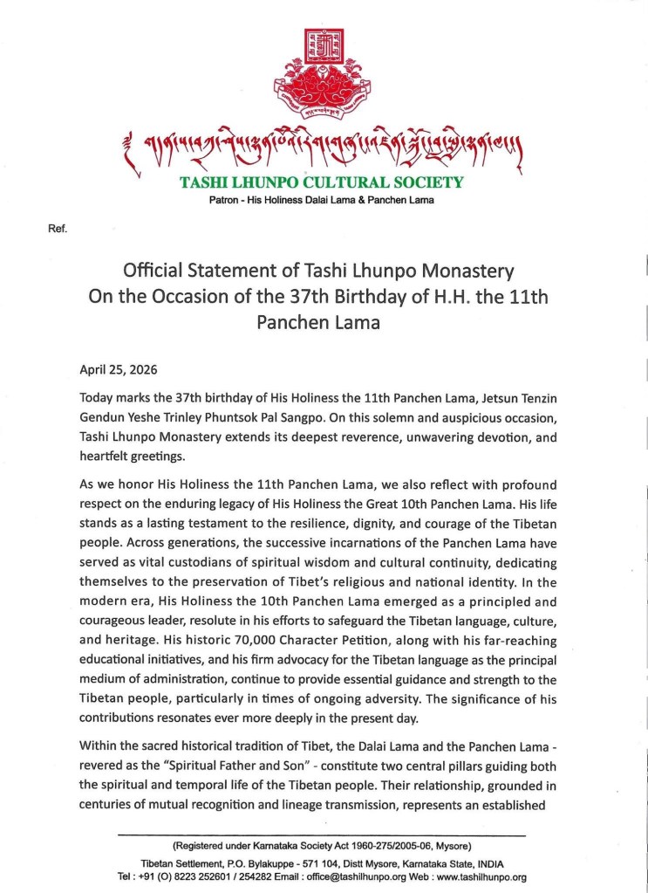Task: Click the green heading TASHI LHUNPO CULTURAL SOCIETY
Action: [321, 183]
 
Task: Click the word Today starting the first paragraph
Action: [99, 397]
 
